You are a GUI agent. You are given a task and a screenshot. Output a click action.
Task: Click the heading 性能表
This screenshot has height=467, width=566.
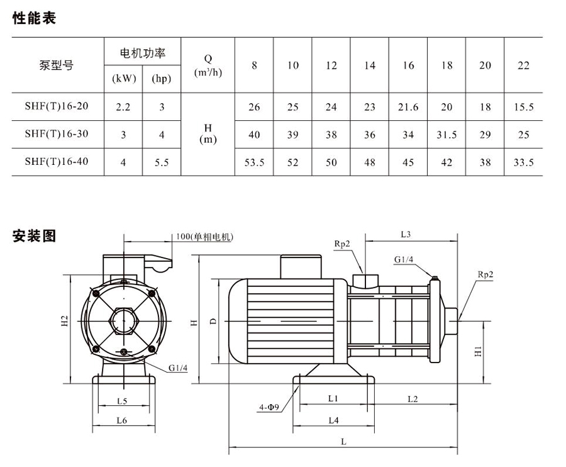[x=35, y=18]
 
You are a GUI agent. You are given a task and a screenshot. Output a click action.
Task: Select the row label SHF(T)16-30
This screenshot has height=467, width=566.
[x=57, y=133]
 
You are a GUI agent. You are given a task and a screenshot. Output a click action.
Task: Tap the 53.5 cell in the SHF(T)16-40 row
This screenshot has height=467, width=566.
[x=254, y=162]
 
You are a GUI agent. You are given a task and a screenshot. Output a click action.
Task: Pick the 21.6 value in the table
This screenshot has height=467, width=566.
[x=408, y=107]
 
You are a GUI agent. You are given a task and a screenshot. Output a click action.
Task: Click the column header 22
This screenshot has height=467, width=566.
[x=523, y=65]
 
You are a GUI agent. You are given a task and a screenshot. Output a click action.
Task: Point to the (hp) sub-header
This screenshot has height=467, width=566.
[x=162, y=79]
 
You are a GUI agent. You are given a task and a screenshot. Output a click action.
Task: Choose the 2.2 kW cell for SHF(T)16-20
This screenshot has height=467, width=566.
[x=123, y=107]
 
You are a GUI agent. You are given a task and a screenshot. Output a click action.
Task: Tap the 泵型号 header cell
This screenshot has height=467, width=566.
[x=57, y=65]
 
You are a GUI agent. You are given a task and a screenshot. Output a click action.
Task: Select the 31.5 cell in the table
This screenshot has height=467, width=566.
[x=447, y=135]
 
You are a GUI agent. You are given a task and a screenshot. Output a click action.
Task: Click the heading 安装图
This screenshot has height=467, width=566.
[x=35, y=236]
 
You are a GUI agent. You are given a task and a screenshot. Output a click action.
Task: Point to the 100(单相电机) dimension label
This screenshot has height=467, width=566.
[x=204, y=237]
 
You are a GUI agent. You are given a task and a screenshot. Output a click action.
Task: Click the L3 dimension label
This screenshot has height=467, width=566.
[x=406, y=234]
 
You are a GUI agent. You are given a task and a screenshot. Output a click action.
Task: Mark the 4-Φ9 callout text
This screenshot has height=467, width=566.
[x=269, y=407]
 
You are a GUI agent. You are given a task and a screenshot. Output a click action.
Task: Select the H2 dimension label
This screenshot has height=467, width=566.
[x=64, y=320]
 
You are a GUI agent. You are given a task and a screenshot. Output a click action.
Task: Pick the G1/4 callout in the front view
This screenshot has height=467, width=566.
[x=178, y=368]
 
